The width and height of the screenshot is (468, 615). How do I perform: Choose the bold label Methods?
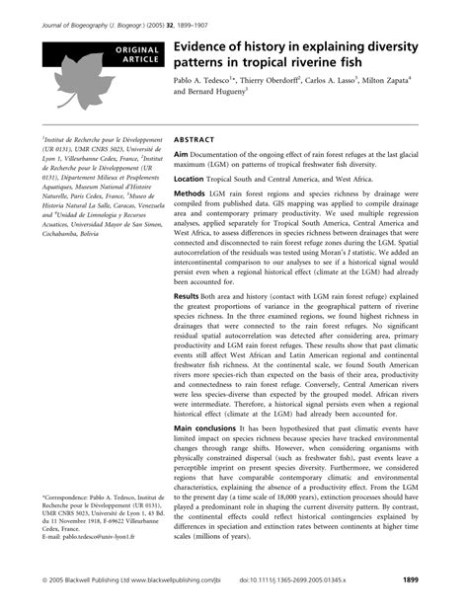(x=195, y=194)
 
